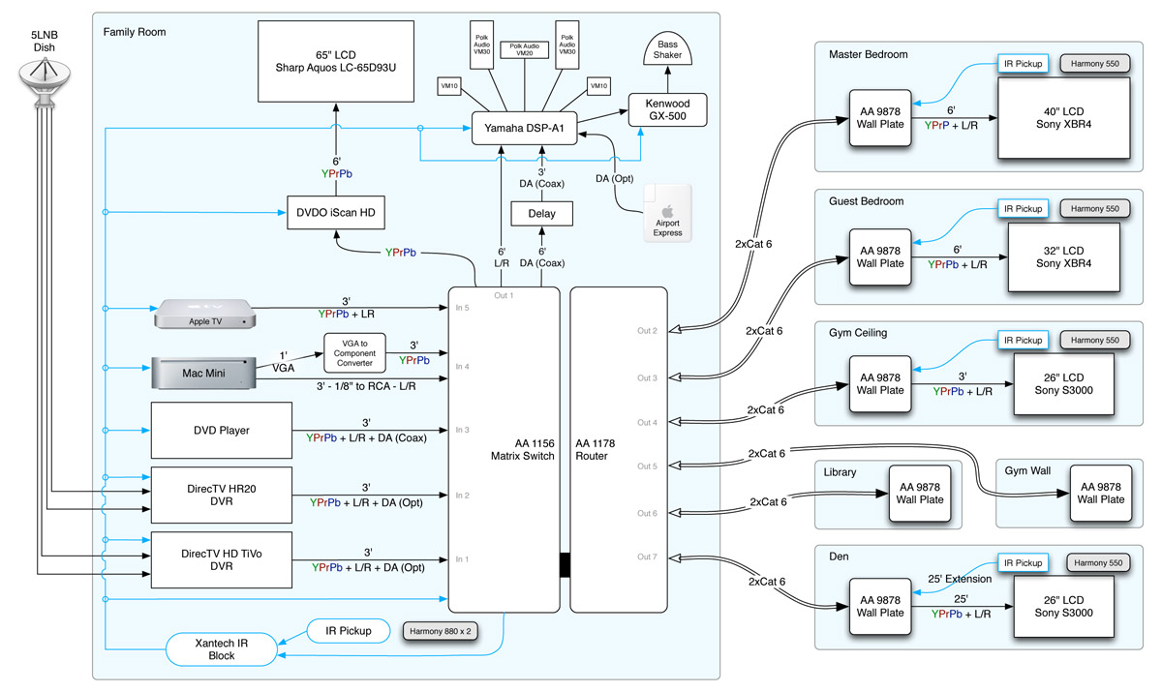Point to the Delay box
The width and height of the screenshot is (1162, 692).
[542, 213]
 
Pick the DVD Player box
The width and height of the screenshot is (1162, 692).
[222, 430]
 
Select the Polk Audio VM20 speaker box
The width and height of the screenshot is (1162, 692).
[524, 50]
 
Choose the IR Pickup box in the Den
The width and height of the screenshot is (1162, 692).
[1022, 562]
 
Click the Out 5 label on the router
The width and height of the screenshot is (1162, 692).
[647, 466]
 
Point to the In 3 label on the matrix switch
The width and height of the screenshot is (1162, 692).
[463, 429]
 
